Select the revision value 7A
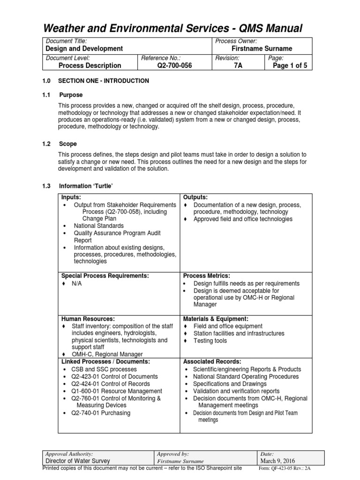click(x=238, y=66)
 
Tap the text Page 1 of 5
click(x=290, y=66)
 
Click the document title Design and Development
click(x=84, y=49)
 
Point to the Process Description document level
click(x=90, y=66)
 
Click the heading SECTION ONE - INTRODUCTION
click(x=104, y=81)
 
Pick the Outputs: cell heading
click(x=195, y=198)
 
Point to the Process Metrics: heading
click(x=207, y=276)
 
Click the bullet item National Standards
click(x=99, y=225)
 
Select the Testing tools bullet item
click(x=210, y=341)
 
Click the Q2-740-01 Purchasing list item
click(x=101, y=413)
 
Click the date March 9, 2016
click(x=278, y=461)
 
